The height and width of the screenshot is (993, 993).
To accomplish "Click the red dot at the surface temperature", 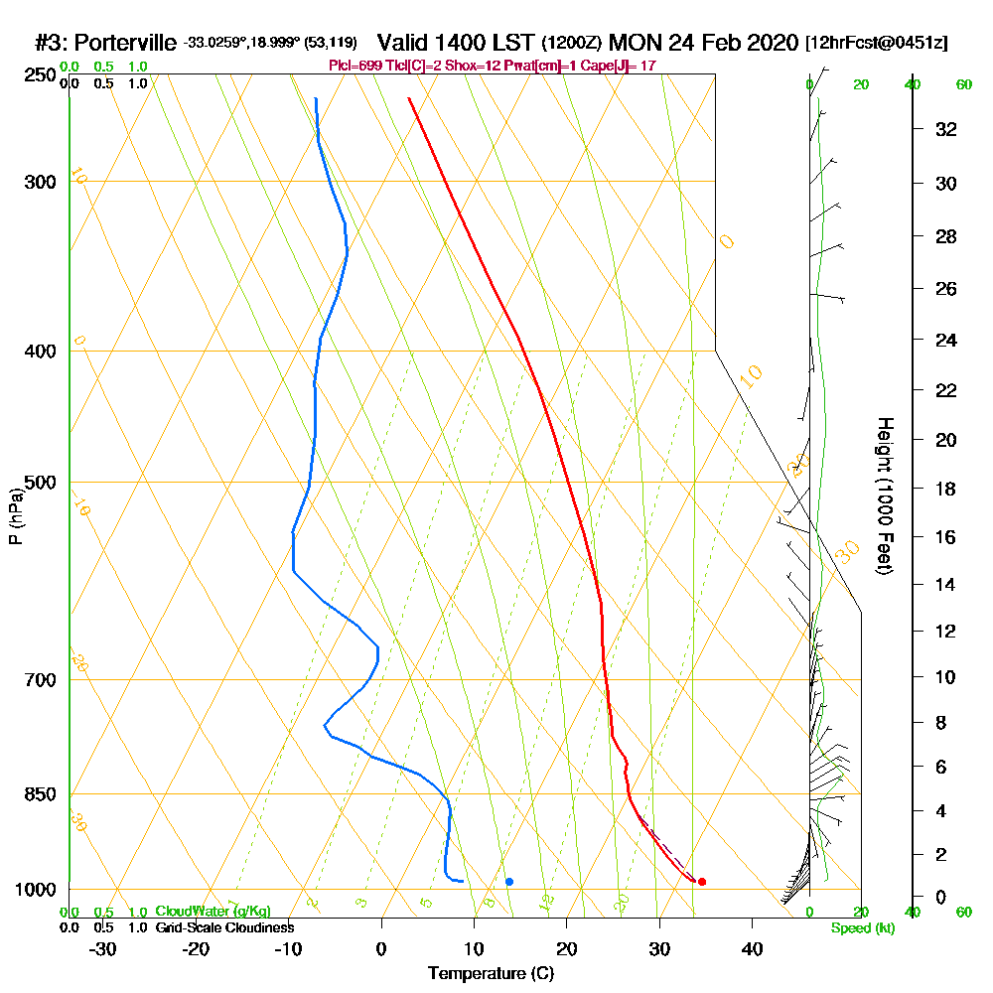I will (x=702, y=882).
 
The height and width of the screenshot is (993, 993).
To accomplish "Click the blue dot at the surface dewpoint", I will (x=509, y=882).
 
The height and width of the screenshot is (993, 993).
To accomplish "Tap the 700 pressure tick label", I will (x=42, y=680).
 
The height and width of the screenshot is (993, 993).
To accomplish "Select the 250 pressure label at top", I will (x=42, y=74).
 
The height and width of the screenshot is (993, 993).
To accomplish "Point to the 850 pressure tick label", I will (x=42, y=794).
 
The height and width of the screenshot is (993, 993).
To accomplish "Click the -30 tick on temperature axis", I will (x=103, y=948).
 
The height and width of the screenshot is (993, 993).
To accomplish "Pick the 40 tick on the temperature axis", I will (x=752, y=948).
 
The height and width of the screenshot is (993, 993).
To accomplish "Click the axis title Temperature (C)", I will (x=491, y=973).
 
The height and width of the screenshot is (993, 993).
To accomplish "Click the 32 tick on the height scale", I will (x=946, y=129).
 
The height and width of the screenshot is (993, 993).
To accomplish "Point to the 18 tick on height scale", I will (x=946, y=489).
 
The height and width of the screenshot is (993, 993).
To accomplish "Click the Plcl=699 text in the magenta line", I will (x=353, y=66).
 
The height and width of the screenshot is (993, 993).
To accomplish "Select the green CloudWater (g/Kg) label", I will (x=213, y=912).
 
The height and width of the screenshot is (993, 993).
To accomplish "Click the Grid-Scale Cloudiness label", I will (x=223, y=927).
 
